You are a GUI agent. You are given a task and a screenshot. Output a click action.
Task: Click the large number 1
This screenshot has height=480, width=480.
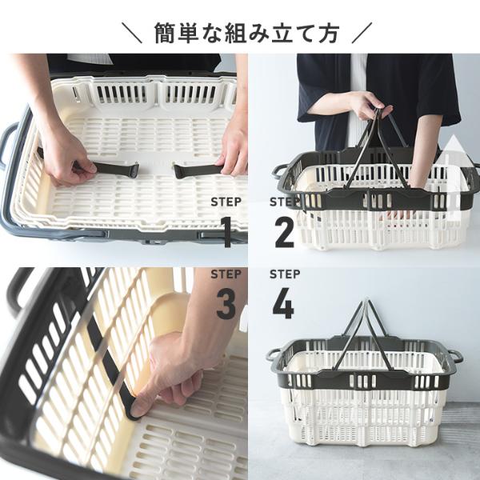click(227, 232)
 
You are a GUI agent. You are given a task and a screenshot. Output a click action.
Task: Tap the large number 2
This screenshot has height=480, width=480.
click(284, 232)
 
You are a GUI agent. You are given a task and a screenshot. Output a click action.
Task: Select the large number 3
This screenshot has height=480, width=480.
click(226, 304)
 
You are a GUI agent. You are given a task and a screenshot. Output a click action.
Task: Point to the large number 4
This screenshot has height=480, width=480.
click(283, 304)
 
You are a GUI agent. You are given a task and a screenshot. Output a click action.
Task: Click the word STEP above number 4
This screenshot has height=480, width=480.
click(285, 274)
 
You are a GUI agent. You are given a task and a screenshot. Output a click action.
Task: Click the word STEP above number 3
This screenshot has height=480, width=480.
click(226, 274)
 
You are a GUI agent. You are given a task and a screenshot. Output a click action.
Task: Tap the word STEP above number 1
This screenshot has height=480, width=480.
click(226, 202)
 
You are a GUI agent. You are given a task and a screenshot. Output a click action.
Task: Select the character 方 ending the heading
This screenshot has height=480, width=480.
click(328, 33)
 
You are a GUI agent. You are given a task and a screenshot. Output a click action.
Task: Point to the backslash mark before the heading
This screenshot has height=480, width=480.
click(132, 33)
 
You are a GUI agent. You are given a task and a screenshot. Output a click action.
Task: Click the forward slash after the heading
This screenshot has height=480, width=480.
click(362, 33)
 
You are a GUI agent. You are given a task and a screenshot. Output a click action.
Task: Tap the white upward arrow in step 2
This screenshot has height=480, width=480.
click(454, 178)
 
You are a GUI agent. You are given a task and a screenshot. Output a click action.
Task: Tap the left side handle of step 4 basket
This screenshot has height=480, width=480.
click(274, 355)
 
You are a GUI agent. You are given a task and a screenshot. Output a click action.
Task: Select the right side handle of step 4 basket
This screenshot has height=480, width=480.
click(455, 356)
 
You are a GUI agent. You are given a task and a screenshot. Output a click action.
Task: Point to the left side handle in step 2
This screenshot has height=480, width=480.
click(279, 171)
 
